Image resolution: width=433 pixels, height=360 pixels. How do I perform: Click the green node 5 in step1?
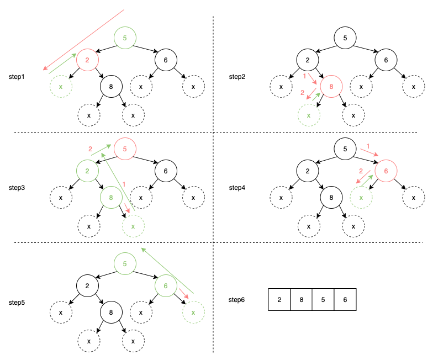click(125, 38)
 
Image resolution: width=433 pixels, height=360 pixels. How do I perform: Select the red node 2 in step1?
click(87, 59)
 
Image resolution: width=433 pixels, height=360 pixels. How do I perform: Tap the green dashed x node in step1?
click(61, 87)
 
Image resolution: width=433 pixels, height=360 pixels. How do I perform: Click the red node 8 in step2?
click(331, 87)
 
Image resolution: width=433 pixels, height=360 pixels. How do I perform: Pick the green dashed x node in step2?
click(309, 115)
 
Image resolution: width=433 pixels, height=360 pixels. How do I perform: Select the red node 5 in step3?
click(125, 149)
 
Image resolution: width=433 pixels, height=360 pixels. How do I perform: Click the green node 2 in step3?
click(87, 171)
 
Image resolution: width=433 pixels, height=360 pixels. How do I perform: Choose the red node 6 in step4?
click(386, 171)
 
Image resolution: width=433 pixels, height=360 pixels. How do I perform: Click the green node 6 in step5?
click(165, 285)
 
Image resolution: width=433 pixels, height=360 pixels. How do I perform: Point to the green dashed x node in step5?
click(193, 313)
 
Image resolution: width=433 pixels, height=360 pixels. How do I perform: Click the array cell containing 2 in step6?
click(279, 300)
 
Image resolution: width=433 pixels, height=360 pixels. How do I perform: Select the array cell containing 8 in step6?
click(302, 300)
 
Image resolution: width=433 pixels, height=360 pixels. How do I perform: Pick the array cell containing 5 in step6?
click(324, 300)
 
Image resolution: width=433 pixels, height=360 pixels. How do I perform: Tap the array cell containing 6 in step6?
click(346, 300)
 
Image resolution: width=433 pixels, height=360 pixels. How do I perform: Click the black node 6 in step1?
click(165, 59)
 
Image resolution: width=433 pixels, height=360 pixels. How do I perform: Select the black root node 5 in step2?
click(345, 38)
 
